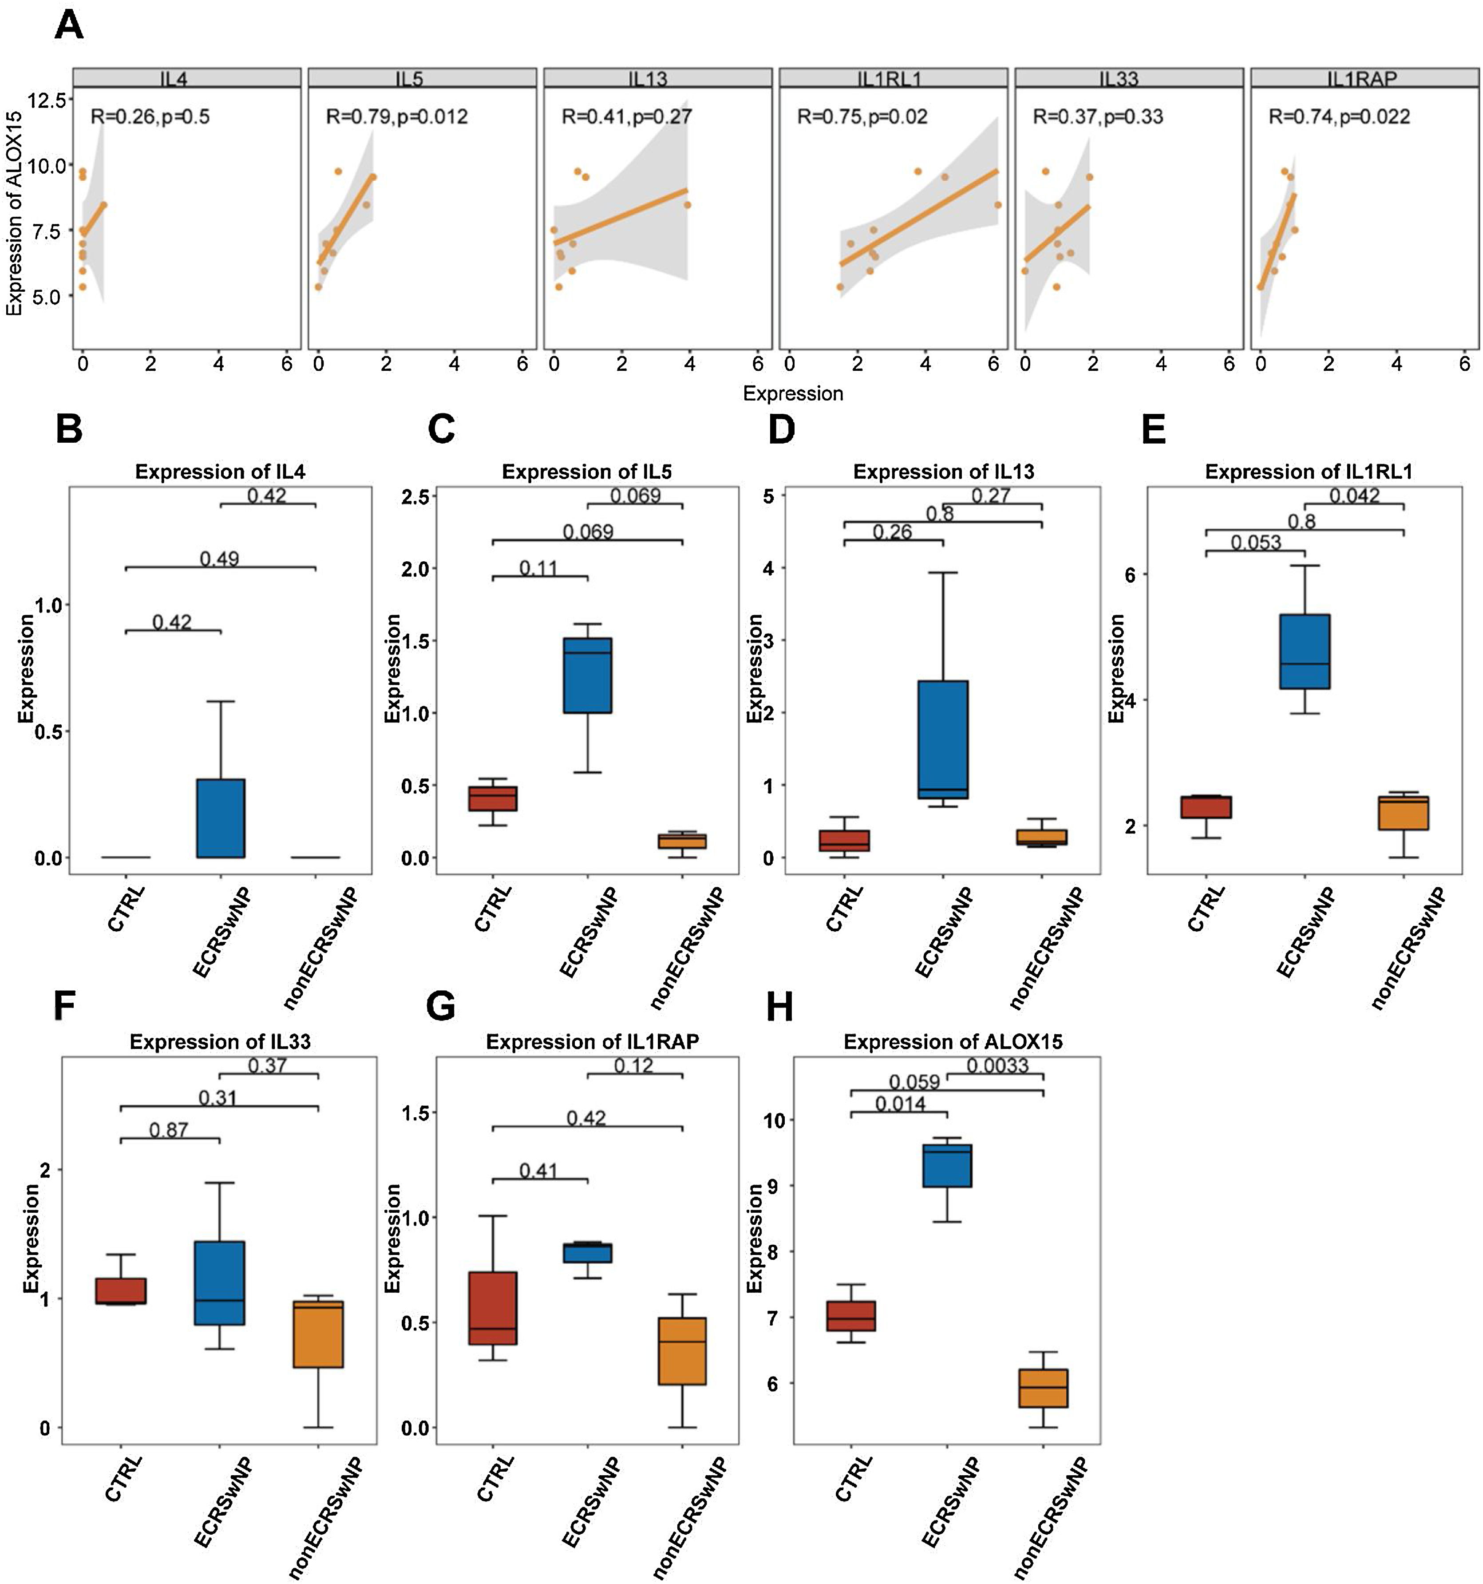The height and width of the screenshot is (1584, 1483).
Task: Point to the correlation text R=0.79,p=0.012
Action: (x=397, y=117)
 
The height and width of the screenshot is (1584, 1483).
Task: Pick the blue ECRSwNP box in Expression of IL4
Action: (x=221, y=818)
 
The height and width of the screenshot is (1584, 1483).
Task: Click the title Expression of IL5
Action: (x=586, y=472)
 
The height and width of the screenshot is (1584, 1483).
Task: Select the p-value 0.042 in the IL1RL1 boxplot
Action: (x=1354, y=496)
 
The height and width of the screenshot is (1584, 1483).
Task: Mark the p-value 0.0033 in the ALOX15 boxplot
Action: (x=997, y=1065)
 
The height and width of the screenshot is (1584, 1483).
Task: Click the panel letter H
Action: (x=779, y=1008)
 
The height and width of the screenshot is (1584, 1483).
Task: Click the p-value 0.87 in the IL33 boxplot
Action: (x=168, y=1130)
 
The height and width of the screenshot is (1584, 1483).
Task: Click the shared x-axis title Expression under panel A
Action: (x=792, y=393)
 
